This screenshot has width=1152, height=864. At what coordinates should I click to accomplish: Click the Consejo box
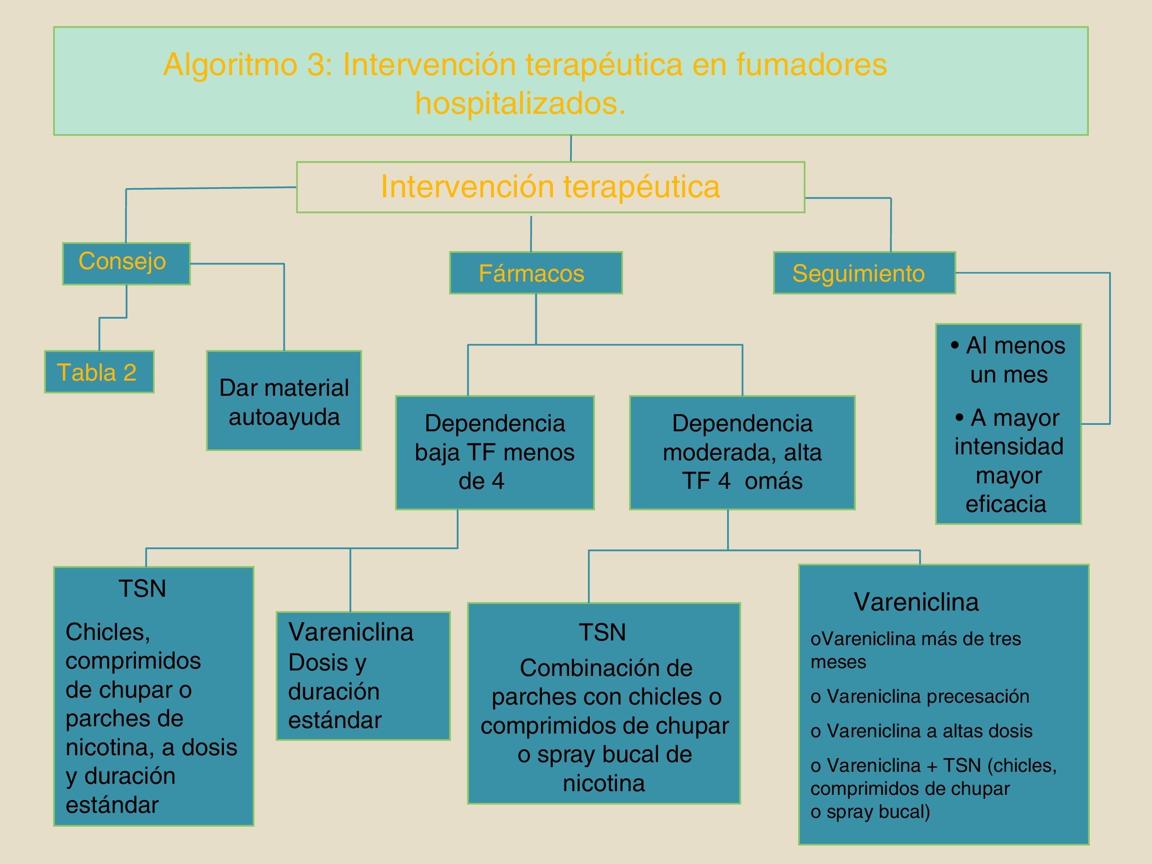[126, 263]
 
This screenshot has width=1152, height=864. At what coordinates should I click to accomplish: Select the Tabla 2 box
[99, 372]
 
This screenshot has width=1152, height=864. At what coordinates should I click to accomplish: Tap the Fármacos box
[535, 273]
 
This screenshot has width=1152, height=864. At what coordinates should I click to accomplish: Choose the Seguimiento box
[864, 273]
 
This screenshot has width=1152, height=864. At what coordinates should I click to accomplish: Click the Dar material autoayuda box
[284, 400]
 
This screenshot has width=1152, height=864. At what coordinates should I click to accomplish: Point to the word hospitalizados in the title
[520, 103]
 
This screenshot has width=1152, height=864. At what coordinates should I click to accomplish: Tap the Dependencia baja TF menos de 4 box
[494, 452]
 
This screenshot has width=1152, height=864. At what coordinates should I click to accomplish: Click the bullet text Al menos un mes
[1008, 359]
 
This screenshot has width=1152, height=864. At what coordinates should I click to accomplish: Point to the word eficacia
[1005, 504]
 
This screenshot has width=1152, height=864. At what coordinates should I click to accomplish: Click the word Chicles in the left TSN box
[108, 632]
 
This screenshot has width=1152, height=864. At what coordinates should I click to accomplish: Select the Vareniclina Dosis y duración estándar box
[363, 676]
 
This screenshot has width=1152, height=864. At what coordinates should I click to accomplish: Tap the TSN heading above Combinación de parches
[602, 632]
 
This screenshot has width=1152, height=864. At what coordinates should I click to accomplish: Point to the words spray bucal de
[604, 754]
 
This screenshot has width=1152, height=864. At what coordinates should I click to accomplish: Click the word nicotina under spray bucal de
[604, 783]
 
